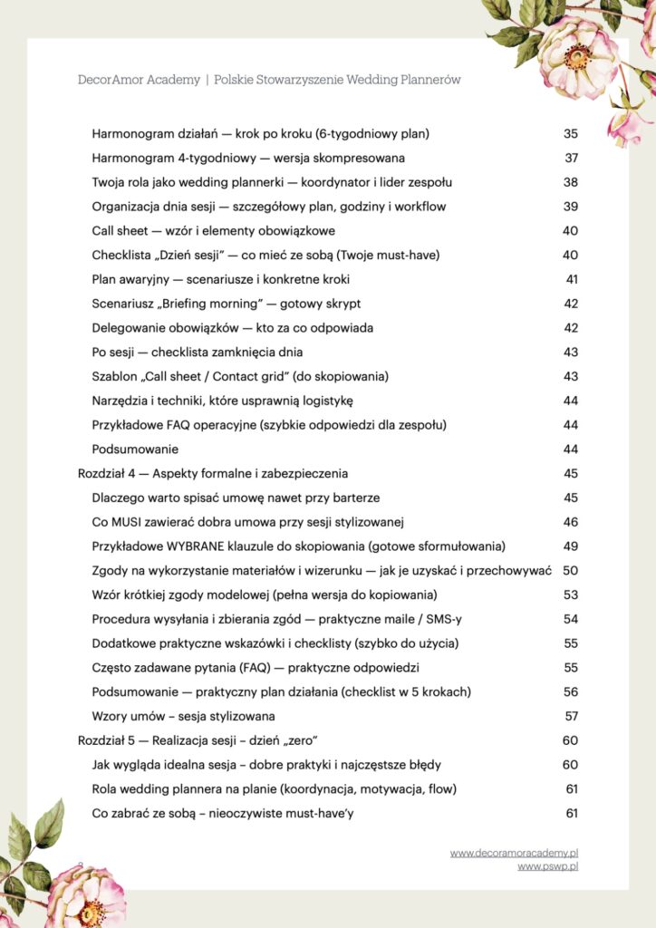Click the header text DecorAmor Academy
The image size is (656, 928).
point(139,80)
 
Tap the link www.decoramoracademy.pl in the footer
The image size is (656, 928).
point(514,853)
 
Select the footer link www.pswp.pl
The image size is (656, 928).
point(547,866)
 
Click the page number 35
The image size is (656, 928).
point(570,134)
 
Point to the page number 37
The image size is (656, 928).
point(571,159)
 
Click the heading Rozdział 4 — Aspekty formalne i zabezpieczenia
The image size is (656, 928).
point(213,473)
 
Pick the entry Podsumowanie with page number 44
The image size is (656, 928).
point(135,449)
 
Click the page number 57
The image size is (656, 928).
point(571,716)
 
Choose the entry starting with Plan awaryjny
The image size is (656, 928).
point(220,279)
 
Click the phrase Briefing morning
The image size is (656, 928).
point(201,304)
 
